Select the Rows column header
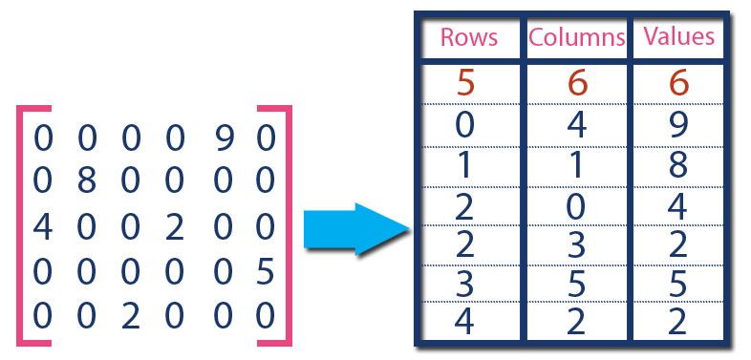click(468, 38)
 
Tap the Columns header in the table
click(577, 38)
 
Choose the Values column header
click(679, 37)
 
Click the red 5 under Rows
click(466, 84)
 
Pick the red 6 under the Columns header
click(575, 84)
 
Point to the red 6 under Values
click(678, 84)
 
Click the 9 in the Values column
click(678, 124)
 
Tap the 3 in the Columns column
click(575, 244)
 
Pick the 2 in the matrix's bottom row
click(131, 314)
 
